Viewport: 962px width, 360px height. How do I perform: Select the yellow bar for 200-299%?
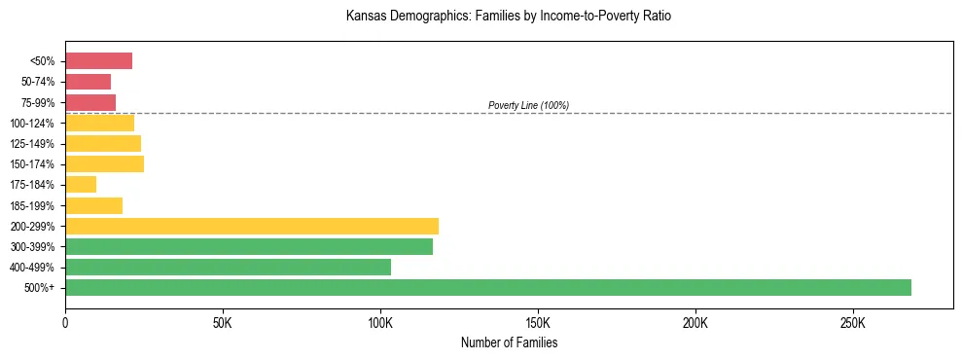[252, 226]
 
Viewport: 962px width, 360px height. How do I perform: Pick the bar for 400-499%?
[228, 267]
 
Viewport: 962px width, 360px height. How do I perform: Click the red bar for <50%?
[98, 61]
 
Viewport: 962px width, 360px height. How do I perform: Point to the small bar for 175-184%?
[81, 185]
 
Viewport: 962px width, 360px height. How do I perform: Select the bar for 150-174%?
[104, 164]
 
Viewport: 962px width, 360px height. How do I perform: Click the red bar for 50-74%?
[88, 82]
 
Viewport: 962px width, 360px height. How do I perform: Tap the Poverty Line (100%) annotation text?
[528, 105]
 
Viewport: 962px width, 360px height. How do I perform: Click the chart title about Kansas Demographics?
[508, 17]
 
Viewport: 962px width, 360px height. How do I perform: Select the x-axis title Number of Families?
[509, 342]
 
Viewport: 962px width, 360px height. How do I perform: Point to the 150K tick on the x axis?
[538, 322]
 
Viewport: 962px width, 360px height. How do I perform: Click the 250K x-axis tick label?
[853, 322]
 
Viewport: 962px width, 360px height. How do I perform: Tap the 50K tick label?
[223, 322]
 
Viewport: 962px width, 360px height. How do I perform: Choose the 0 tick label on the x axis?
[65, 322]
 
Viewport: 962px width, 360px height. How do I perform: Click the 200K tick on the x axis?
[695, 322]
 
